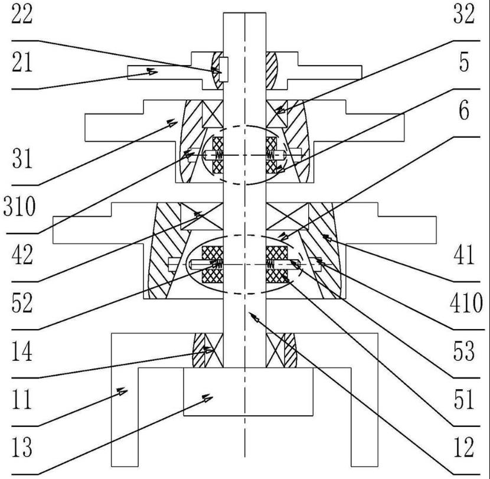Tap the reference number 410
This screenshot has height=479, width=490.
coord(465,305)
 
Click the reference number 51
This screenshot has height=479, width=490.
coord(465,402)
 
